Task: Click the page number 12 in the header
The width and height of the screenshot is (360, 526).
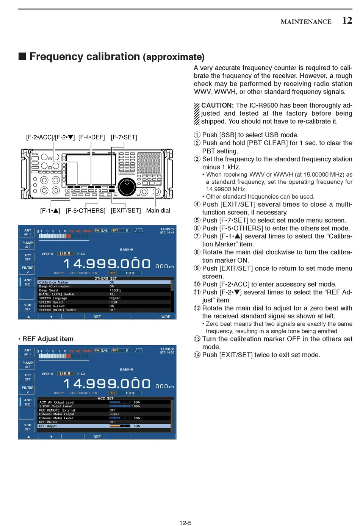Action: pyautogui.click(x=347, y=20)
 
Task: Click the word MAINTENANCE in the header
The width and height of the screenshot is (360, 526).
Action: pyautogui.click(x=306, y=22)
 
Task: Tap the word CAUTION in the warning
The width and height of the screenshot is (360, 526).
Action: pyautogui.click(x=217, y=105)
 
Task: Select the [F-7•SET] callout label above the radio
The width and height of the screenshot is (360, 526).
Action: pyautogui.click(x=124, y=137)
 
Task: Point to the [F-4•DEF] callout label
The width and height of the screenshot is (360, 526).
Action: pyautogui.click(x=91, y=137)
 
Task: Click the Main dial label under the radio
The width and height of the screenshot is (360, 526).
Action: pyautogui.click(x=158, y=211)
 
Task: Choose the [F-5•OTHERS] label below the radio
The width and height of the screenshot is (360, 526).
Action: pyautogui.click(x=86, y=211)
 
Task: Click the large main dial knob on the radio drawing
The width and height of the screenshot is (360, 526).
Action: pyautogui.click(x=127, y=186)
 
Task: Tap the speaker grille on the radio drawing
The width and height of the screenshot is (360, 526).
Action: pyautogui.click(x=149, y=163)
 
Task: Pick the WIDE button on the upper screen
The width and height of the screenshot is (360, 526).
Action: pyautogui.click(x=166, y=317)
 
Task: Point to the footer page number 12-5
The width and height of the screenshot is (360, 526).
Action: pyautogui.click(x=185, y=523)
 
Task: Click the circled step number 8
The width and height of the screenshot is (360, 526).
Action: pyautogui.click(x=197, y=252)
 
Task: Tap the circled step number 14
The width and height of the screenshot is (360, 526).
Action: pyautogui.click(x=197, y=355)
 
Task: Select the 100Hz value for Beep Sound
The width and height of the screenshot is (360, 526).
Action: pyautogui.click(x=115, y=290)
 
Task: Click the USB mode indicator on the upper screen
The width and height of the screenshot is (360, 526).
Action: pyautogui.click(x=65, y=254)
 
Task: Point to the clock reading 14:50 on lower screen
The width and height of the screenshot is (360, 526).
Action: pyautogui.click(x=166, y=349)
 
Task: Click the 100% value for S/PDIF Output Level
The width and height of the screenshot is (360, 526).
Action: pyautogui.click(x=136, y=406)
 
